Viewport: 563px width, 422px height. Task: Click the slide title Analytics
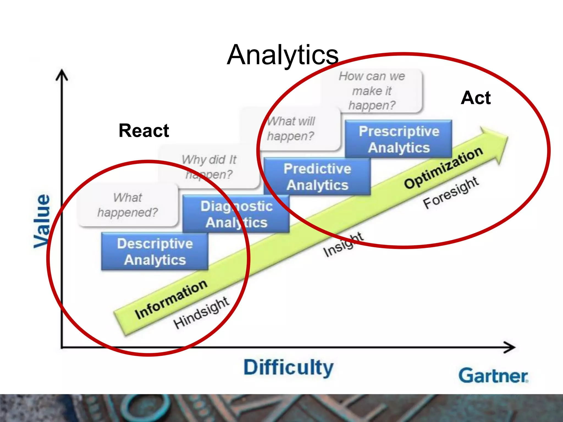click(283, 55)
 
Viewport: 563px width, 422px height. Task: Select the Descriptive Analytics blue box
click(155, 251)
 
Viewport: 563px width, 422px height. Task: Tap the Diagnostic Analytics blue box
click(236, 214)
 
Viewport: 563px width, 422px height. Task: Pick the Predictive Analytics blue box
click(317, 177)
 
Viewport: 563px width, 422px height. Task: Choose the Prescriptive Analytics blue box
click(399, 139)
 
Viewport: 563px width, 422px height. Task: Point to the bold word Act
click(476, 98)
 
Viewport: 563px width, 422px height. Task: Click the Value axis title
click(42, 221)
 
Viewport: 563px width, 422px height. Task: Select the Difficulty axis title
click(289, 368)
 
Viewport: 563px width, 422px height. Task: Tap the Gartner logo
click(493, 376)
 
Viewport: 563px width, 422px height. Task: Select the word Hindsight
click(201, 313)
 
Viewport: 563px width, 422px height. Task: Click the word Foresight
click(451, 192)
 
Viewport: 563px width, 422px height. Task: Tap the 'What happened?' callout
click(128, 205)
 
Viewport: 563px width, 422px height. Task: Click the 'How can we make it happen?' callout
click(372, 91)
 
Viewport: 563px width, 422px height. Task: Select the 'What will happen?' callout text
click(291, 129)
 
